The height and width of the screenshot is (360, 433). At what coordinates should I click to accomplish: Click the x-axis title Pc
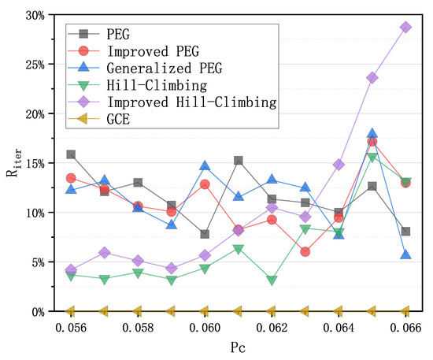[238, 347]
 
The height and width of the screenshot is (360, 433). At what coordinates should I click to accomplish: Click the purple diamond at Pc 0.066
[405, 27]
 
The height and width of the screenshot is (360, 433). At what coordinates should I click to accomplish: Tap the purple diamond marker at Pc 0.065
[372, 78]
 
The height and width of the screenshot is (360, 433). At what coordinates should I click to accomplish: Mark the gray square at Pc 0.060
[205, 234]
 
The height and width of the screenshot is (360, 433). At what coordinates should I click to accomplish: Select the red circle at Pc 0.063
[305, 251]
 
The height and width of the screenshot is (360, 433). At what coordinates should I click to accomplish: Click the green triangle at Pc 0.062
[272, 280]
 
